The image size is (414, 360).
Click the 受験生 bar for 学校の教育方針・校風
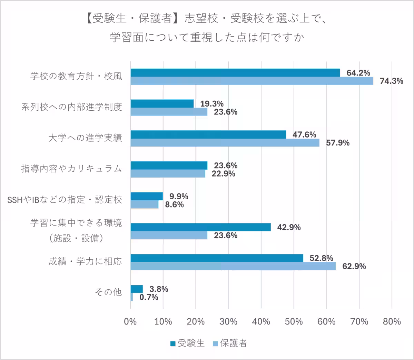pyautogui.click(x=235, y=73)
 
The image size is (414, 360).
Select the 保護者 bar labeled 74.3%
pyautogui.click(x=252, y=81)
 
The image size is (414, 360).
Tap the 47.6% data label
pyautogui.click(x=304, y=134)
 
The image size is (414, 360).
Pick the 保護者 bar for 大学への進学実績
pyautogui.click(x=225, y=142)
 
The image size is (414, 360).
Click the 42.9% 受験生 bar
pyautogui.click(x=200, y=227)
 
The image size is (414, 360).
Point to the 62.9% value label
pyautogui.click(x=354, y=266)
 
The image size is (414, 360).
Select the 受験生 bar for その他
pyautogui.click(x=137, y=289)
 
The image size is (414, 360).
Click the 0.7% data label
pyautogui.click(x=149, y=297)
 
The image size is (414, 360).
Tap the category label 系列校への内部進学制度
pyautogui.click(x=72, y=107)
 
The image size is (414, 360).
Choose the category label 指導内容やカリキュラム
pyautogui.click(x=72, y=169)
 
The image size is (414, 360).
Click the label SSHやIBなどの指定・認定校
pyautogui.click(x=65, y=200)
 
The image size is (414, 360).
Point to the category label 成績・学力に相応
pyautogui.click(x=85, y=261)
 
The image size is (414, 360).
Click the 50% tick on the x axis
pyautogui.click(x=294, y=321)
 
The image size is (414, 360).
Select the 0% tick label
pyautogui.click(x=130, y=321)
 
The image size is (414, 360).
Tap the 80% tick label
pyautogui.click(x=392, y=321)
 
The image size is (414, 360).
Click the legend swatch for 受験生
pyautogui.click(x=173, y=343)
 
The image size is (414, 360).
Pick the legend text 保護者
pyautogui.click(x=234, y=343)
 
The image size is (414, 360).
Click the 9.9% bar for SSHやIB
pyautogui.click(x=147, y=196)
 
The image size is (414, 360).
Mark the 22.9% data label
pyautogui.click(x=223, y=174)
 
